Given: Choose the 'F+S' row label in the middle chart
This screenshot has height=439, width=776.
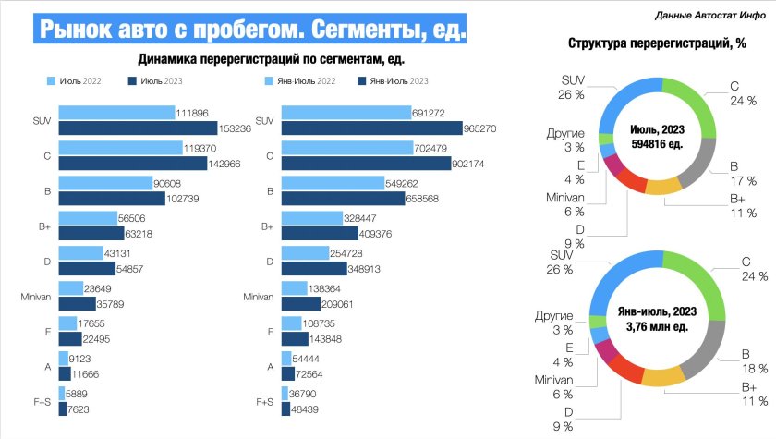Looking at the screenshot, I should [264, 402].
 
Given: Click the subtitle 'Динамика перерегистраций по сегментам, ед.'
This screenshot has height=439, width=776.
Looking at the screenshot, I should [273, 59].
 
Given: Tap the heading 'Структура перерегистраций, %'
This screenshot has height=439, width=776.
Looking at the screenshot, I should [658, 43].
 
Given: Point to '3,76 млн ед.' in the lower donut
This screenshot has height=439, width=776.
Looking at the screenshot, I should [657, 324].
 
